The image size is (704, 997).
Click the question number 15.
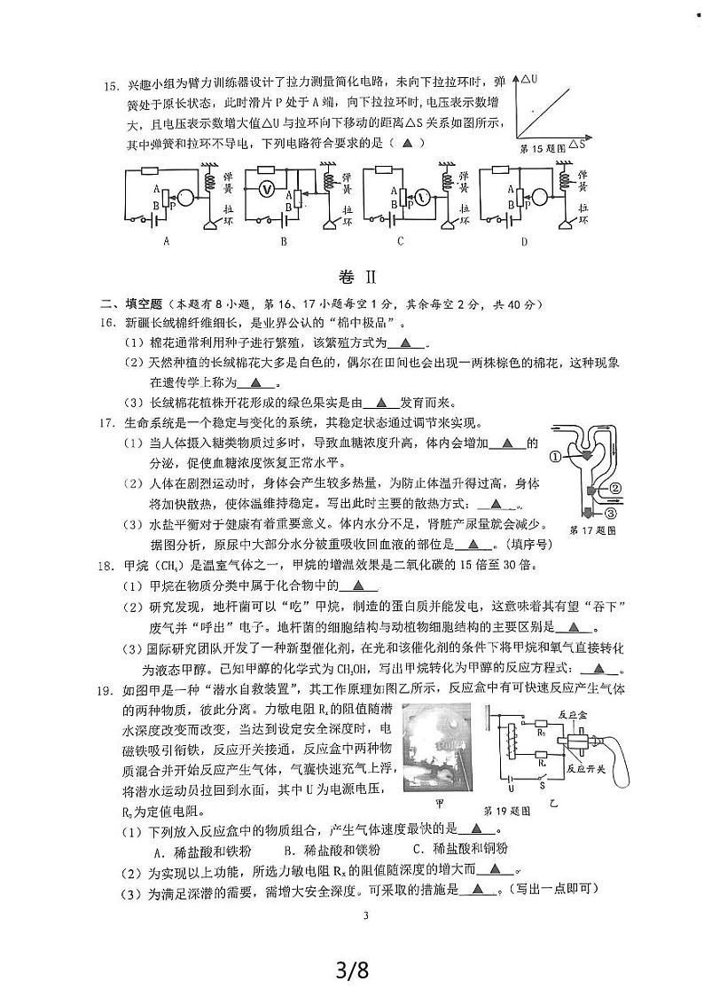110,87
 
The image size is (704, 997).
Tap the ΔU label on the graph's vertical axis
536,79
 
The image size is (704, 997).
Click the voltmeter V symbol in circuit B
264,188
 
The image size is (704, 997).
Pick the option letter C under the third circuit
401,240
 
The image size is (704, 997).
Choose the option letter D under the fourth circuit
523,240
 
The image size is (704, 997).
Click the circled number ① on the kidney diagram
555,458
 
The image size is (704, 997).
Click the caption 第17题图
591,530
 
